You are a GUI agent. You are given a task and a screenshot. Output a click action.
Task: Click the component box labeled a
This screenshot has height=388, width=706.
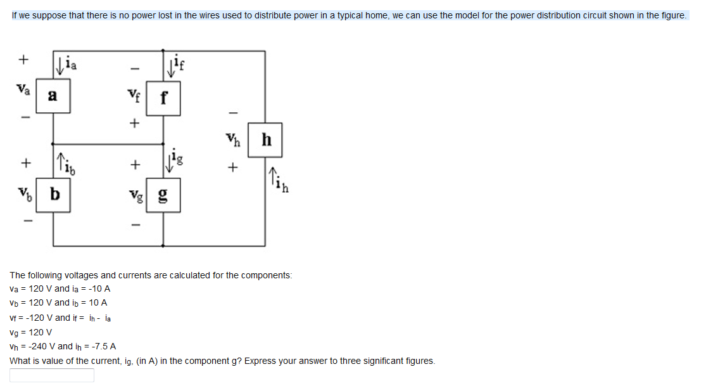click(x=53, y=96)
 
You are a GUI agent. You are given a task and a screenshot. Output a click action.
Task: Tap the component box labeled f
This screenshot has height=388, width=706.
click(x=163, y=98)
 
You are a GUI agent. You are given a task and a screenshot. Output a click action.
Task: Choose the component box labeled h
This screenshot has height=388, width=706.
click(x=265, y=141)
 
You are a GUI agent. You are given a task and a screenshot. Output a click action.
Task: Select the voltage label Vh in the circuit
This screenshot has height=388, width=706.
click(x=233, y=140)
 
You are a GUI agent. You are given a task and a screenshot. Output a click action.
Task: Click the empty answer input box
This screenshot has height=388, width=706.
click(x=52, y=375)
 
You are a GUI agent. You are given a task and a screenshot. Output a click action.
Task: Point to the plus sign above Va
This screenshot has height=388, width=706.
click(x=23, y=60)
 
